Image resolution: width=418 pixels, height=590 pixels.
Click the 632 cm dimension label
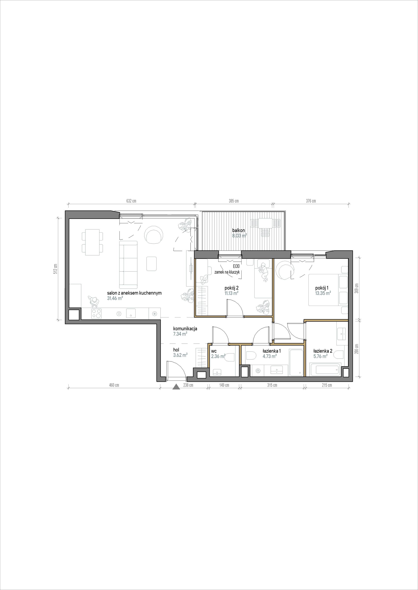point(131,201)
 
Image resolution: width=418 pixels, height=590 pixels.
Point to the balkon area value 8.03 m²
point(240,235)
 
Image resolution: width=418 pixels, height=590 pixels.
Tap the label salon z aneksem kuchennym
point(134,293)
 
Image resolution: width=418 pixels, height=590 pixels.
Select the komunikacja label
point(185,328)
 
